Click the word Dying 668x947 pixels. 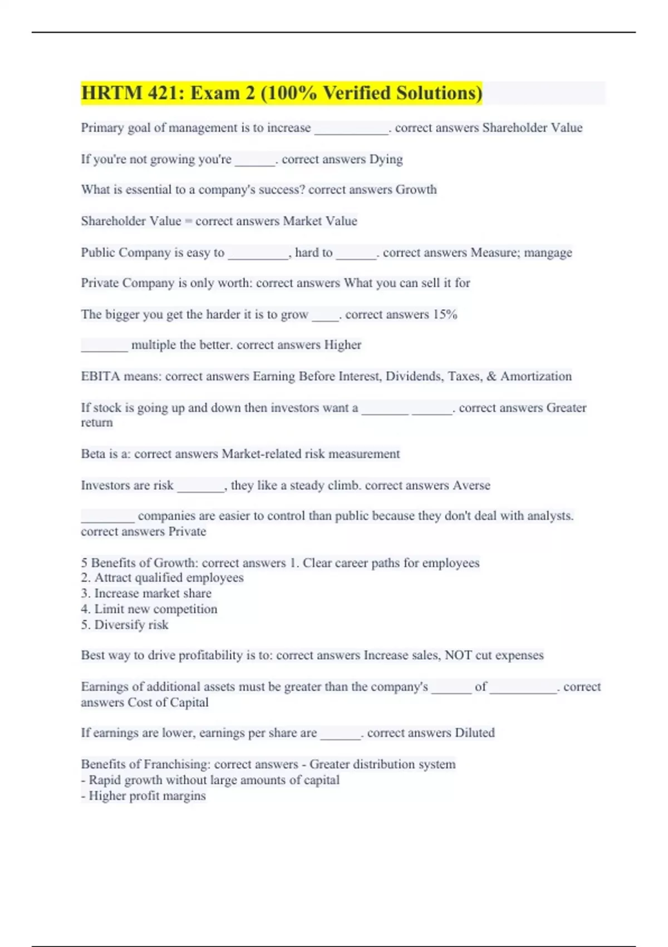(386, 159)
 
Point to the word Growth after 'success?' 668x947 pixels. (416, 190)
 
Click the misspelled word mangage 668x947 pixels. (548, 253)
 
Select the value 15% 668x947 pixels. (445, 315)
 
